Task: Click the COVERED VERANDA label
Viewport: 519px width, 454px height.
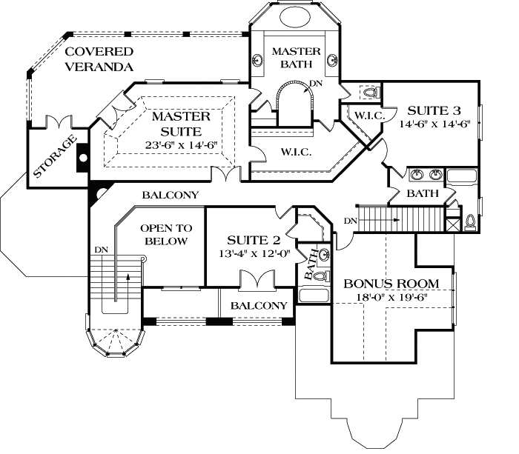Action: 98,59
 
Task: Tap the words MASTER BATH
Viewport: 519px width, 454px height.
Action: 296,59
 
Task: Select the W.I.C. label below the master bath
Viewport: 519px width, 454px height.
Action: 295,153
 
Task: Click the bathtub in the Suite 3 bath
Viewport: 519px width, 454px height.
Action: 463,176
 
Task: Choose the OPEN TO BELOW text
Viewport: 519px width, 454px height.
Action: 166,235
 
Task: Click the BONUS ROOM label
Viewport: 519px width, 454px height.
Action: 391,284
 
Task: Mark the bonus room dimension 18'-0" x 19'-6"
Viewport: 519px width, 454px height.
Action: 391,298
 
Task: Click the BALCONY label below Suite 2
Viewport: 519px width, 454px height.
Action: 259,306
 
